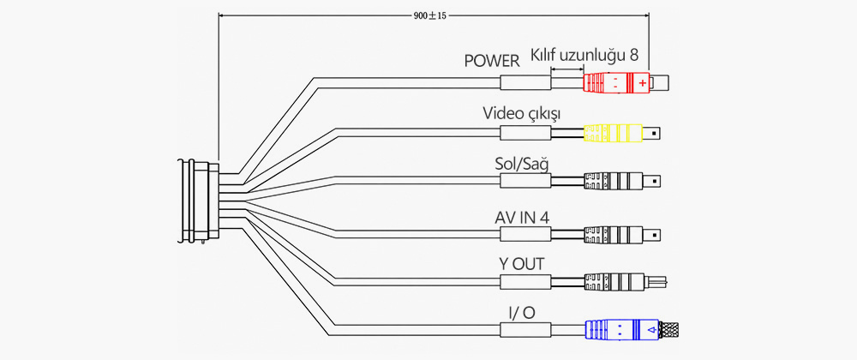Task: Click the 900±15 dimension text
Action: point(430,15)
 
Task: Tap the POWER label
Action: point(492,61)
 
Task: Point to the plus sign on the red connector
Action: point(642,83)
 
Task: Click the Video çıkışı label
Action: point(521,114)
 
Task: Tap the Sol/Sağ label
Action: point(521,164)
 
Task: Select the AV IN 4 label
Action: point(521,218)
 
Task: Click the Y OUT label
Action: point(521,264)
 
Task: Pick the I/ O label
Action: point(521,313)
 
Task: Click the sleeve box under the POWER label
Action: point(525,83)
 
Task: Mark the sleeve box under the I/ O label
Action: point(525,329)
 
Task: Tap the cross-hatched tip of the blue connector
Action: point(672,329)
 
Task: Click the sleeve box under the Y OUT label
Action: point(525,282)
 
